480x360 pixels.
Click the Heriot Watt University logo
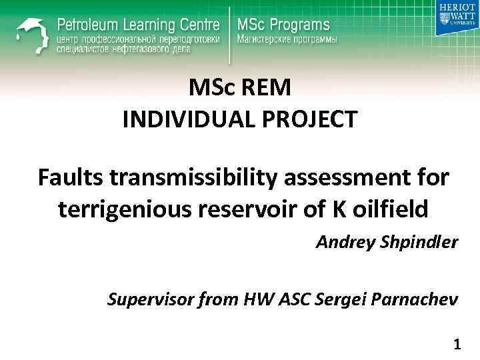[457, 18]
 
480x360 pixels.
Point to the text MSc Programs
[283, 25]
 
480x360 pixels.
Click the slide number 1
[457, 345]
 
